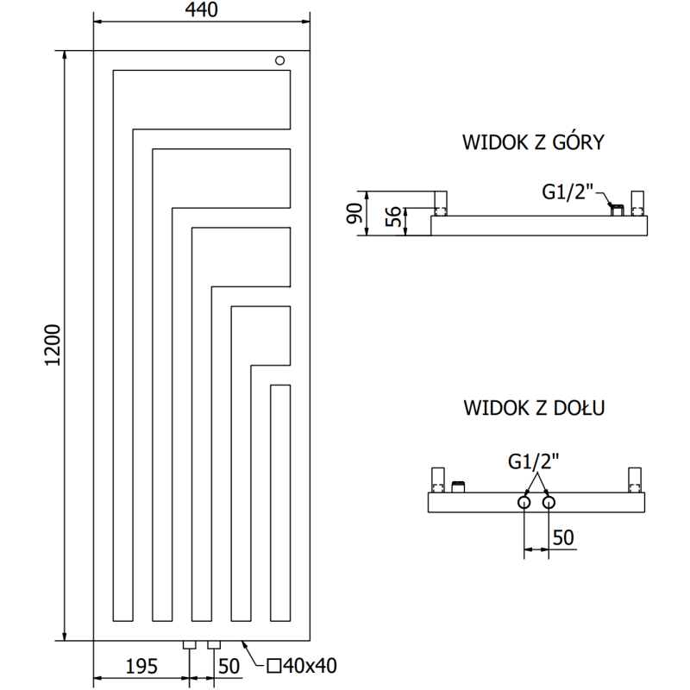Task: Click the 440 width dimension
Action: coord(200,10)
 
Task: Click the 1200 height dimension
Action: coord(52,345)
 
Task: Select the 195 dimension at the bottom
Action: coord(141,665)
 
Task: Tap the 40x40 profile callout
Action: coord(302,665)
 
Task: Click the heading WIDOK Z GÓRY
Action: coord(532,142)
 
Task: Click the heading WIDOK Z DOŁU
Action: coord(532,406)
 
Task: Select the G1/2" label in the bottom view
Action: coord(535,461)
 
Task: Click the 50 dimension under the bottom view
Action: coord(562,537)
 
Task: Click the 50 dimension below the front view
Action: coord(228,665)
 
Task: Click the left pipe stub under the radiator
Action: coord(190,644)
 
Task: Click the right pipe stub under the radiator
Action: coord(213,644)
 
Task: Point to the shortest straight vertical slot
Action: coord(279,503)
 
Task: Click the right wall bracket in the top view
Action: coord(637,204)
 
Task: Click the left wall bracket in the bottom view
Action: coord(439,479)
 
